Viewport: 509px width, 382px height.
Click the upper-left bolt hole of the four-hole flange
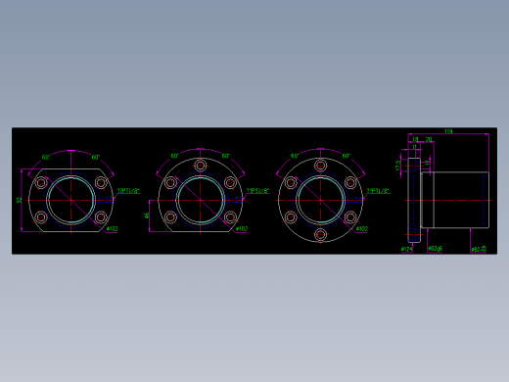(41, 182)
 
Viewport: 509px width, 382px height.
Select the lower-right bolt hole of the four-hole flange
(101, 217)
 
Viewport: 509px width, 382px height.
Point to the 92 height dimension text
(20, 200)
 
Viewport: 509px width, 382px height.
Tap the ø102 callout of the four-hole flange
(112, 230)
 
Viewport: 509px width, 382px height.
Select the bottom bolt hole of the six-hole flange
(320, 235)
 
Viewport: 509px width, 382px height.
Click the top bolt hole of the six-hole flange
(320, 165)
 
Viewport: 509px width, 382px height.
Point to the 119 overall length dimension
(448, 131)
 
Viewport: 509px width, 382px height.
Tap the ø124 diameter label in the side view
(406, 249)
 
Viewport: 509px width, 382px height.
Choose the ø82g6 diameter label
(436, 249)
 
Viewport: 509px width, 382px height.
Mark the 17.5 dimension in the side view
(398, 166)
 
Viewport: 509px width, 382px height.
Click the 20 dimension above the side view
(429, 140)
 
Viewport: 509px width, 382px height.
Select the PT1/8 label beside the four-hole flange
(129, 191)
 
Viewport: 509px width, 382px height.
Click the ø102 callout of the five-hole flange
(241, 230)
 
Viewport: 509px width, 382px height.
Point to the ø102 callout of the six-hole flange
(361, 230)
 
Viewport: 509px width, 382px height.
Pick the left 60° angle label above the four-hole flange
(46, 157)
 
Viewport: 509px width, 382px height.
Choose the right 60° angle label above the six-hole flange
(347, 156)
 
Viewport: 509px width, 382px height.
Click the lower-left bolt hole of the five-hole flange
(170, 217)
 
